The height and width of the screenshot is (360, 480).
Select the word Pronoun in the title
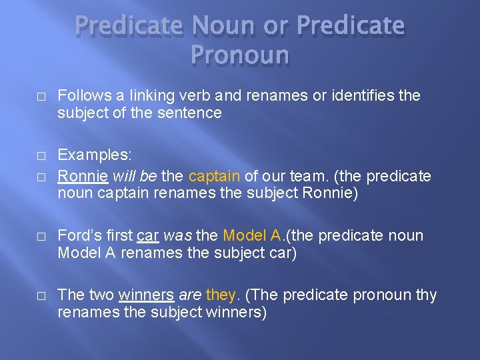pos(240,55)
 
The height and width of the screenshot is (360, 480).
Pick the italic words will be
pos(135,176)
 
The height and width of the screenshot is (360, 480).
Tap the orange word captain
pos(214,176)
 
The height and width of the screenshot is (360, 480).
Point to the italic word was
pos(178,235)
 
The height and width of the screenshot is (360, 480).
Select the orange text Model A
pos(253,235)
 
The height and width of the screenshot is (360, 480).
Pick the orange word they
pos(220,295)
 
